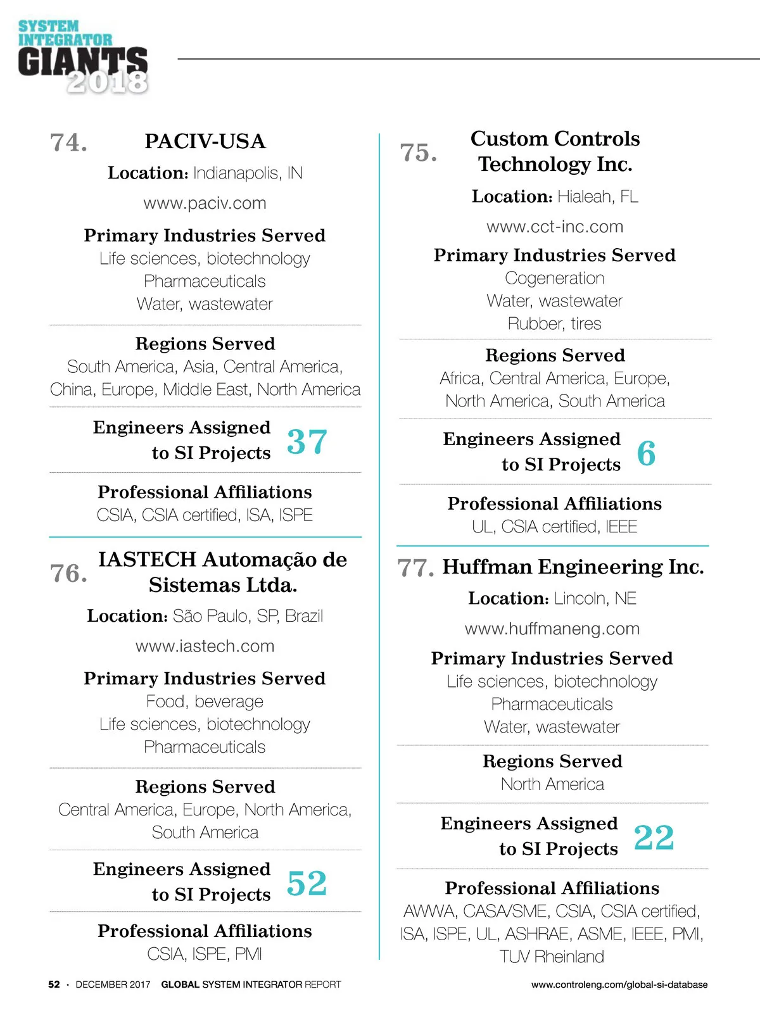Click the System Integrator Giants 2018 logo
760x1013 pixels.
click(x=83, y=57)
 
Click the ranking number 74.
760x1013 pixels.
click(x=68, y=142)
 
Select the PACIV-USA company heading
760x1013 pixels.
click(x=205, y=141)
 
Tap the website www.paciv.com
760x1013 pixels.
click(x=205, y=203)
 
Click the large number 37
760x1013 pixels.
click(x=307, y=441)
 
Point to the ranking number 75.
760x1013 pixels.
click(x=418, y=153)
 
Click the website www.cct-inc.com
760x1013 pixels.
click(x=555, y=227)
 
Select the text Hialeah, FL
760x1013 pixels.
click(x=597, y=197)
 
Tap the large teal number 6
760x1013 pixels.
click(x=646, y=453)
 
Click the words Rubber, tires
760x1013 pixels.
click(x=554, y=324)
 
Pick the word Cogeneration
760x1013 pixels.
click(x=554, y=278)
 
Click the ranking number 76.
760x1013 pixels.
click(x=68, y=574)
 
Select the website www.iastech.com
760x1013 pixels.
click(x=205, y=646)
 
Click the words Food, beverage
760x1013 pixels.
click(x=205, y=702)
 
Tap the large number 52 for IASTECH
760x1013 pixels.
click(x=307, y=883)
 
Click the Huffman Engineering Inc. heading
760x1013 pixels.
click(x=573, y=567)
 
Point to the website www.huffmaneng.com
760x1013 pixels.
click(x=552, y=629)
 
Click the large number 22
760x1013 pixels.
click(x=654, y=837)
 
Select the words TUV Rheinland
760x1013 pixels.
click(x=552, y=957)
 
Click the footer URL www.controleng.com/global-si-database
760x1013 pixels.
click(x=619, y=985)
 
